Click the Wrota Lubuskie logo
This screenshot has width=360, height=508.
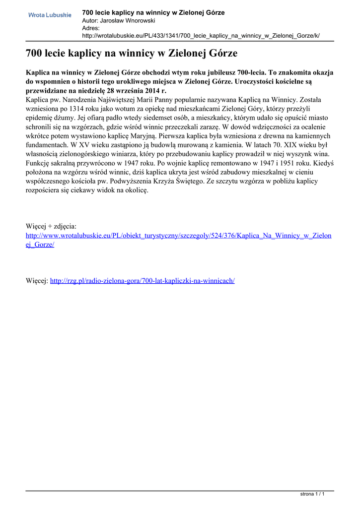(x=50, y=15)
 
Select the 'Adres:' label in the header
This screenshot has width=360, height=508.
(x=91, y=28)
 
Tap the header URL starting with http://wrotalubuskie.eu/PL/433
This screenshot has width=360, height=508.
(x=201, y=36)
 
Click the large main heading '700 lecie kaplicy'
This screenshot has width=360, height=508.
(x=132, y=53)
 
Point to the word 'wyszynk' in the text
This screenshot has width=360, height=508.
(x=302, y=154)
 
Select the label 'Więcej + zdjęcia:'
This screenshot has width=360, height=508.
(x=51, y=226)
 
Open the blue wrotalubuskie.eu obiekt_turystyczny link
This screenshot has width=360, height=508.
(x=178, y=236)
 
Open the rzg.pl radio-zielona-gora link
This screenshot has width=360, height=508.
(x=142, y=281)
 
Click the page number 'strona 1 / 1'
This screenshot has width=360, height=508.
(x=313, y=494)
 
